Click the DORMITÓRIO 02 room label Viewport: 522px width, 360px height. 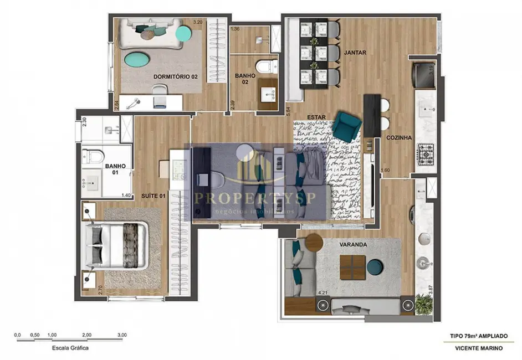pos(175,76)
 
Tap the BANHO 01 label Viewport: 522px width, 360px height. pos(115,169)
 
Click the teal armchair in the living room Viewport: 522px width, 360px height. pos(347,126)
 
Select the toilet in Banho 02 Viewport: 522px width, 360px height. pos(266,66)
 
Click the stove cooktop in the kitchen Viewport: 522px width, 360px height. pos(426,153)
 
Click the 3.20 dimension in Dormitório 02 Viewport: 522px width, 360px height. pos(197,22)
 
